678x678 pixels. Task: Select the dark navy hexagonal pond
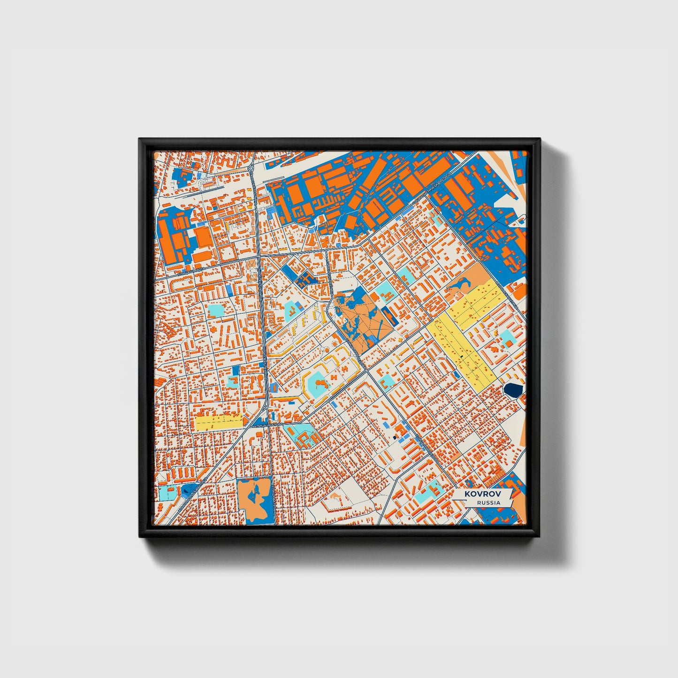click(x=513, y=389)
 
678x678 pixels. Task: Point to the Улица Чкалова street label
click(x=267, y=425)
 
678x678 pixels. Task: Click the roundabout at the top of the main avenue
click(x=251, y=168)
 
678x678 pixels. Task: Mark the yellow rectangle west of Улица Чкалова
click(x=218, y=422)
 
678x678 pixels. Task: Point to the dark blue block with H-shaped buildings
click(x=305, y=279)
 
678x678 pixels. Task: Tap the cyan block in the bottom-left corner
click(x=166, y=493)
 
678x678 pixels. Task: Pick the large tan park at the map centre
click(x=364, y=324)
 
